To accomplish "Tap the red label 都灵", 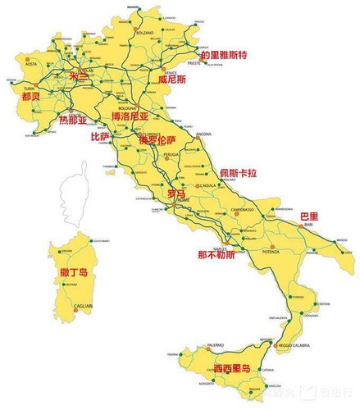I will (x=32, y=96).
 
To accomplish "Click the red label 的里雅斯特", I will (x=219, y=55).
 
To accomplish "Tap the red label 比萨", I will (x=100, y=137).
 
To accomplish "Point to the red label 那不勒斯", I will (x=216, y=254).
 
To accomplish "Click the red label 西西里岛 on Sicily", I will (x=232, y=368).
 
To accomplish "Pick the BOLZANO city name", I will (x=145, y=32).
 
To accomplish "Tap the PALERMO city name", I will (x=193, y=344).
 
